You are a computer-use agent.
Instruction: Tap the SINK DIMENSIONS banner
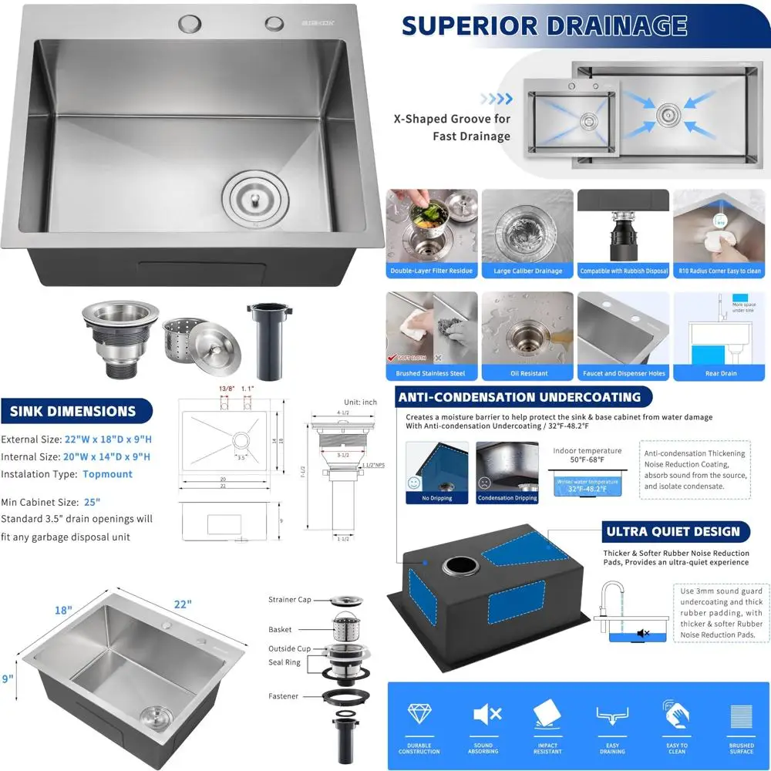point(72,411)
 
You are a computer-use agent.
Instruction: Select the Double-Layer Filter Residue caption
point(432,271)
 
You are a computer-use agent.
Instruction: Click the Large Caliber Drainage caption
point(527,271)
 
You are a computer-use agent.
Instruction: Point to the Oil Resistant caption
point(527,374)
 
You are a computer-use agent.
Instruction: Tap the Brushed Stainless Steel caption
point(432,374)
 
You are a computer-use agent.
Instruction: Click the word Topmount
point(107,474)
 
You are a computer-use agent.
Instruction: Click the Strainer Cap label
point(290,600)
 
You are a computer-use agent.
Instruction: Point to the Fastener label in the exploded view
point(283,696)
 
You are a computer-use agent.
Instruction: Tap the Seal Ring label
point(284,662)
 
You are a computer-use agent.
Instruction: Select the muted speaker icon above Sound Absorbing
point(484,715)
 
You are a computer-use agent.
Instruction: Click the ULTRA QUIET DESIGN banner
point(672,531)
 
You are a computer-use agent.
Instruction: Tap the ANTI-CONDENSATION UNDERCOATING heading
point(519,397)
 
